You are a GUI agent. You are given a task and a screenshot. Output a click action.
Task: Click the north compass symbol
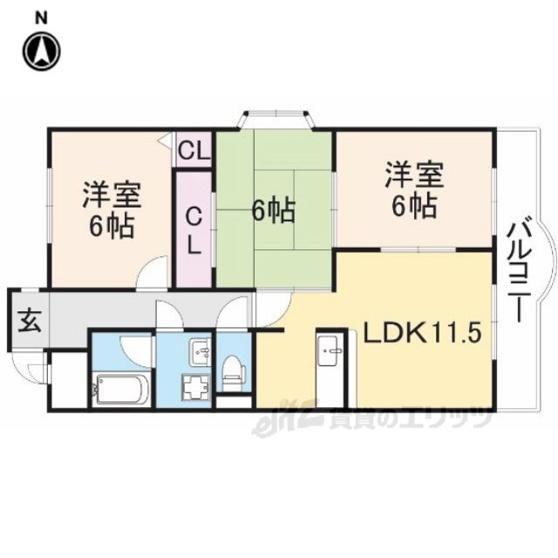tap(42, 51)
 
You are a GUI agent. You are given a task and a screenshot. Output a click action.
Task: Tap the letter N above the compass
tap(42, 18)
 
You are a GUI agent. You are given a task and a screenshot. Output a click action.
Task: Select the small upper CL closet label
tap(194, 151)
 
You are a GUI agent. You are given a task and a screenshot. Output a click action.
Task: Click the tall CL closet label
tap(194, 230)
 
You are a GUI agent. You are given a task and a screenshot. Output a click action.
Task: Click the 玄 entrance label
tap(30, 321)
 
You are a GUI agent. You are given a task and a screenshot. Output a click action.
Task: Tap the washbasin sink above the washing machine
tap(201, 351)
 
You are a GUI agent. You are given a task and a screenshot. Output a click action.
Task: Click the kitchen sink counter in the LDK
tap(331, 369)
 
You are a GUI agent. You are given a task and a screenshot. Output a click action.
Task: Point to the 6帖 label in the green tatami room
tap(274, 211)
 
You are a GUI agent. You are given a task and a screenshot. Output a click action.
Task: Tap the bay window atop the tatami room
tap(276, 119)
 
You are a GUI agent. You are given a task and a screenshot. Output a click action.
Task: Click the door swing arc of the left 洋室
tap(153, 272)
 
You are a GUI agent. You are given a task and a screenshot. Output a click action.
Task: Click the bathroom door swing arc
tap(137, 351)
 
